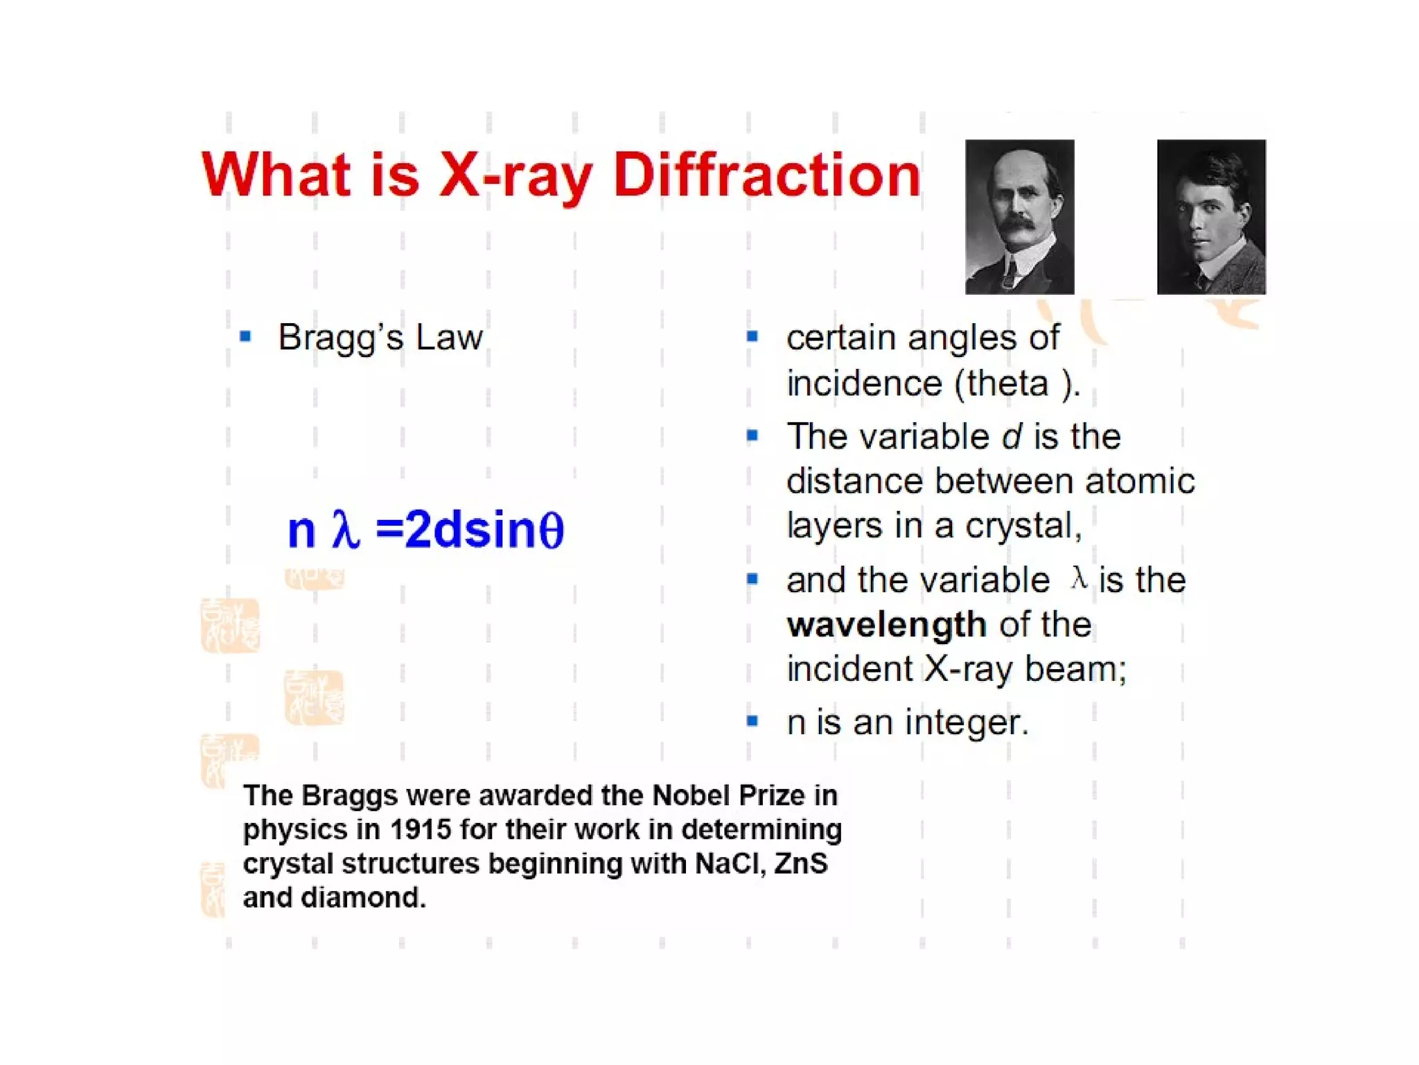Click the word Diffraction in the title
click(x=766, y=175)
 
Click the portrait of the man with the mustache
click(x=1019, y=216)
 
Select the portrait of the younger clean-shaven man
click(x=1210, y=216)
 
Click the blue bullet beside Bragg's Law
click(x=245, y=337)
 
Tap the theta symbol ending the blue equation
click(x=552, y=530)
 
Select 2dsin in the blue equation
click(x=470, y=530)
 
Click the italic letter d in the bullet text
click(x=1011, y=437)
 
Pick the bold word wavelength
click(x=886, y=625)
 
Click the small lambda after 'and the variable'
click(x=1078, y=578)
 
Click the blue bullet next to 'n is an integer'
click(x=752, y=722)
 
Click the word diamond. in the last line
click(x=363, y=898)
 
